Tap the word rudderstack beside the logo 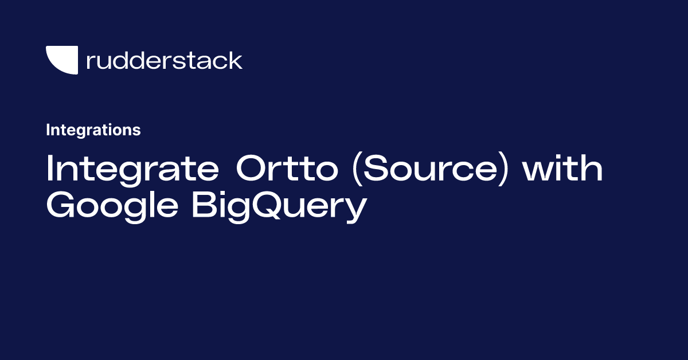[164, 60]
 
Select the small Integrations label [93, 130]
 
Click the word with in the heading [563, 170]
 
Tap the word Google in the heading [112, 208]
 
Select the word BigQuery [279, 208]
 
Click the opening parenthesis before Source [358, 170]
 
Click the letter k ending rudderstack [236, 60]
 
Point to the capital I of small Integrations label [48, 130]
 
